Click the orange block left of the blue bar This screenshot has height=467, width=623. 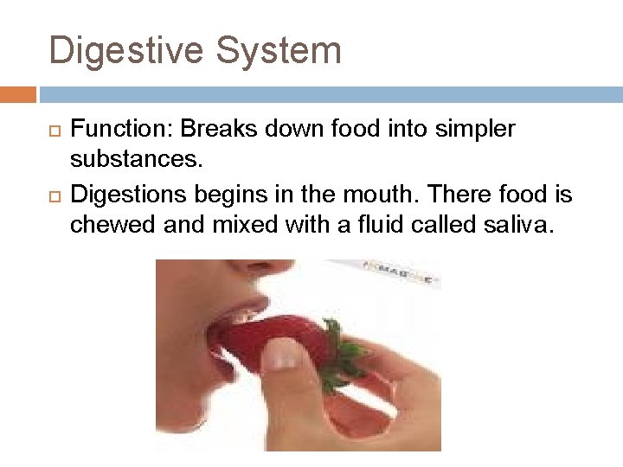click(17, 94)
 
